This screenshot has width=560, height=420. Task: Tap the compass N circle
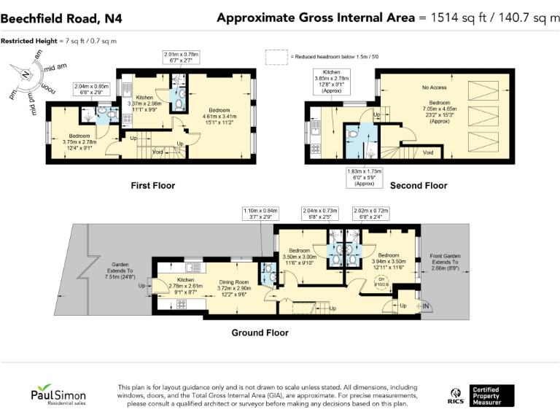pos(26,74)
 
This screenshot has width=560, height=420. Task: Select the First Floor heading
pos(152,186)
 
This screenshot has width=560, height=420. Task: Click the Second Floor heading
pos(419,186)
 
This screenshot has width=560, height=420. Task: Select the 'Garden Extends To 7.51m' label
pos(120,271)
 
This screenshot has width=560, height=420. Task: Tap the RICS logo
pos(454,396)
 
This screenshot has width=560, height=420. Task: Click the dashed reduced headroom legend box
pos(276,56)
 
